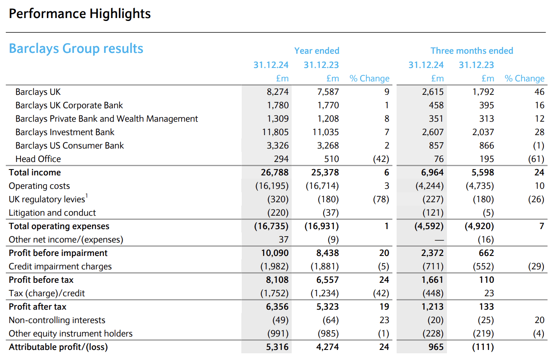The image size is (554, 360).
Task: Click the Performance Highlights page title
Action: (80, 14)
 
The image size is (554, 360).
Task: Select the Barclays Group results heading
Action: (76, 49)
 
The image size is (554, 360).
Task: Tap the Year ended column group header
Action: (316, 51)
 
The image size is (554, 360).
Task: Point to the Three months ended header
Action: (472, 51)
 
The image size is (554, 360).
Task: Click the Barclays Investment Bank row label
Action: (65, 132)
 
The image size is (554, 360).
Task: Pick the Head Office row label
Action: (38, 159)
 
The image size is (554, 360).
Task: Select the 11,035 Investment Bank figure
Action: (325, 132)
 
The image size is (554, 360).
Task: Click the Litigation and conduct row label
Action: (52, 213)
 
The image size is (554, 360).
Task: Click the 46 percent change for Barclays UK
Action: (539, 92)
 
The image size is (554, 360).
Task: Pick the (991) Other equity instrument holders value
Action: (278, 334)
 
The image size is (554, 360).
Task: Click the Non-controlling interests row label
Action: (57, 320)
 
